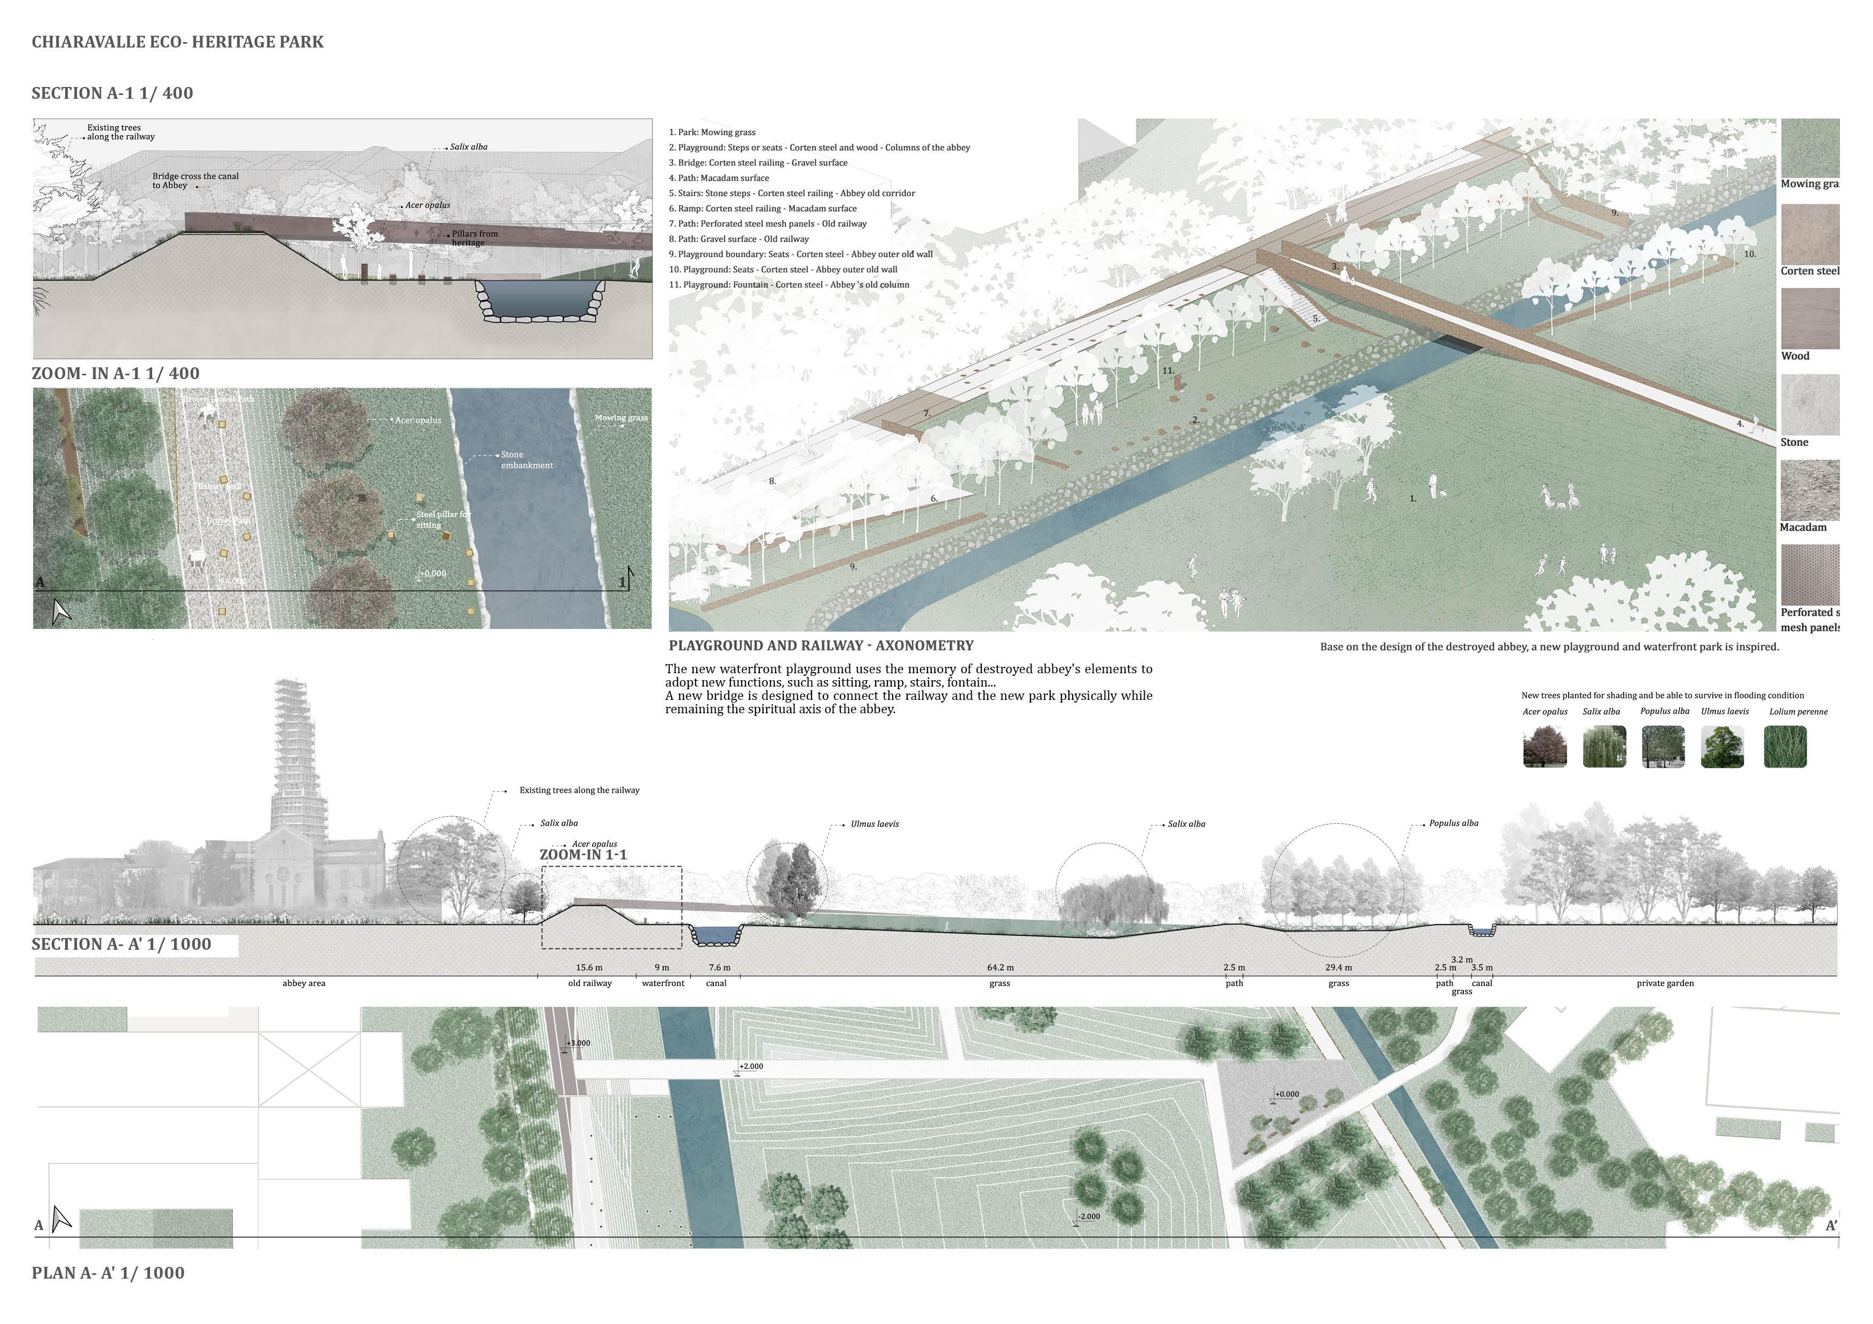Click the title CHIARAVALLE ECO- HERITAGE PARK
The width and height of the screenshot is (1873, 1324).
(177, 42)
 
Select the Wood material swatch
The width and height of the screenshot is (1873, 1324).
(1809, 318)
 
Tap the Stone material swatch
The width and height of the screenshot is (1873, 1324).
(1809, 405)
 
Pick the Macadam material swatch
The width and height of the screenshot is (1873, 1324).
(1809, 490)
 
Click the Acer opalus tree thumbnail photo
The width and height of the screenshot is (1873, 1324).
(1544, 746)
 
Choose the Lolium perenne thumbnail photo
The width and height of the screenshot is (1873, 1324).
(1785, 746)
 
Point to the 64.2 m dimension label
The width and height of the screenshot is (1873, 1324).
(1000, 967)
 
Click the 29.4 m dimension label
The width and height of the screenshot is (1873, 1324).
(1338, 967)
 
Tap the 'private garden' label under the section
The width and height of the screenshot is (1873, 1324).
(1665, 983)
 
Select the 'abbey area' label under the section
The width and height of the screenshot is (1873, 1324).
(303, 983)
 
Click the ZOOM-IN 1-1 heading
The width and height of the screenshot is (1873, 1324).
(583, 855)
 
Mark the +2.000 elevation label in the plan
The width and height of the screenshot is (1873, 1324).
(751, 1066)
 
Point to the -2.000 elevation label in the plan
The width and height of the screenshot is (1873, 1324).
(1089, 1216)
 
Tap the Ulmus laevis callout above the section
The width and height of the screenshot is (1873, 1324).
(875, 824)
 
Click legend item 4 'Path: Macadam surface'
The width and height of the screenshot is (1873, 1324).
(719, 178)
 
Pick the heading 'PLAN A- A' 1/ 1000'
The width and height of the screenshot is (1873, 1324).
(108, 1273)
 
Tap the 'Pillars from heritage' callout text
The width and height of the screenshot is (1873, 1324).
(474, 238)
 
